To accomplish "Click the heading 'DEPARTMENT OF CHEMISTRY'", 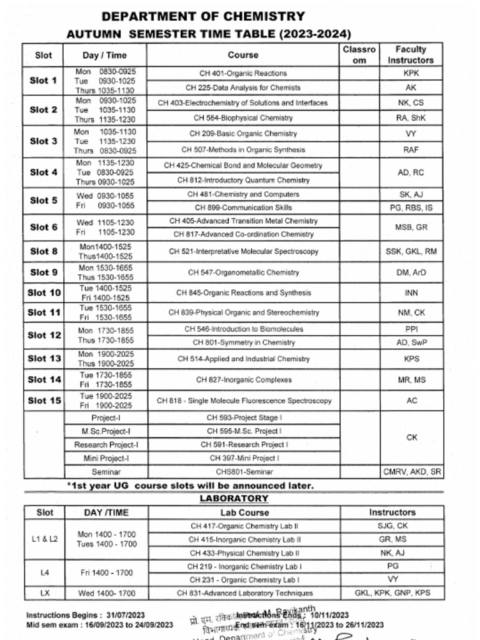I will click(x=203, y=17).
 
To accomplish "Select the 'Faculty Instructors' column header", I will click(x=411, y=54).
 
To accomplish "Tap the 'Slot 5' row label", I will click(x=44, y=201).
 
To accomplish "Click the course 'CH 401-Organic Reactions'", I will click(x=243, y=73).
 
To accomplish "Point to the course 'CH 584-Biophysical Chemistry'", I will click(x=243, y=117).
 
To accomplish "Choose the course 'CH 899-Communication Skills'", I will click(x=243, y=207).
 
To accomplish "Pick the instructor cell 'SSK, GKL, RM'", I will click(x=411, y=251).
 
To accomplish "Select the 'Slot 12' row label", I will click(x=44, y=335).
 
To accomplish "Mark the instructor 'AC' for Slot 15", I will click(x=411, y=401).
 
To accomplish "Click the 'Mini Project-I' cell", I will click(x=106, y=458).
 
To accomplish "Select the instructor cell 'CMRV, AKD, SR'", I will click(x=411, y=472).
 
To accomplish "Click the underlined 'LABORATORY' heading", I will click(x=234, y=498).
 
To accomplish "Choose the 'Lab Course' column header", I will click(x=244, y=512).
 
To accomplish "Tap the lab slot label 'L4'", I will click(x=44, y=572).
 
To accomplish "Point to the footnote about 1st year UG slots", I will click(x=190, y=485).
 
